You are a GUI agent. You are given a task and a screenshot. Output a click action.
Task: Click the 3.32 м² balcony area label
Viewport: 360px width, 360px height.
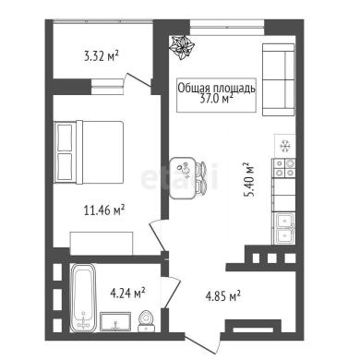[102, 56]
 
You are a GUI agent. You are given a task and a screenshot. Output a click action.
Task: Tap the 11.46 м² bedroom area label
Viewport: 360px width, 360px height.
[104, 210]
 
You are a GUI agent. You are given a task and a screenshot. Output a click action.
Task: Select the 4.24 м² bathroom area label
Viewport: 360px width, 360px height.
[127, 293]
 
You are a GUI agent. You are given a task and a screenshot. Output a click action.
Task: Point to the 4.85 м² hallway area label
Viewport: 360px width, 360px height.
[222, 296]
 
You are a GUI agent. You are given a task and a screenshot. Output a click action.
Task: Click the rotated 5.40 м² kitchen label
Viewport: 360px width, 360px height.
[249, 179]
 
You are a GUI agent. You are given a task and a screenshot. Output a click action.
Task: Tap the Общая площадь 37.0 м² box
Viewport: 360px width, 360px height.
[216, 95]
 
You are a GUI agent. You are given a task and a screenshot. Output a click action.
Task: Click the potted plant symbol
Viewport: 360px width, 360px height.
[183, 47]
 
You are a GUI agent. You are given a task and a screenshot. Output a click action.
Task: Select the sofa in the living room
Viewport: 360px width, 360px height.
[279, 79]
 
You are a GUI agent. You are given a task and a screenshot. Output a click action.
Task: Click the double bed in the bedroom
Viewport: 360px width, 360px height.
[89, 152]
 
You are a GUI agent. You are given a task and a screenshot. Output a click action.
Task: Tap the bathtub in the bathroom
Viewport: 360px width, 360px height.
[83, 298]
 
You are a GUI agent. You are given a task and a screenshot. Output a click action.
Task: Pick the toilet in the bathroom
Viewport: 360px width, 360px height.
[147, 321]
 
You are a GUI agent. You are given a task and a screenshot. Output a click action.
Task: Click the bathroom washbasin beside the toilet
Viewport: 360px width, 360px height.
[115, 321]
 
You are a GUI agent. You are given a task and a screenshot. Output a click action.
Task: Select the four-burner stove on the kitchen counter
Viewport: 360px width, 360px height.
[283, 168]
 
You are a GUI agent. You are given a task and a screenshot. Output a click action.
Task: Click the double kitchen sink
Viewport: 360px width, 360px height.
[282, 228]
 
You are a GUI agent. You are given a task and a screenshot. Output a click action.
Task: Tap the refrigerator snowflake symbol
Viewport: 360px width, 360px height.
[284, 146]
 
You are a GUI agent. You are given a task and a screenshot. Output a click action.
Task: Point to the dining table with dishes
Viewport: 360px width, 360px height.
[183, 178]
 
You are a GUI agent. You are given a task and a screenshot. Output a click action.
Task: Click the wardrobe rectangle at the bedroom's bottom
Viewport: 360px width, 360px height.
[102, 244]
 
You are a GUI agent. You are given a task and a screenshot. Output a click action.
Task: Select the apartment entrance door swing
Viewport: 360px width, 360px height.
[203, 342]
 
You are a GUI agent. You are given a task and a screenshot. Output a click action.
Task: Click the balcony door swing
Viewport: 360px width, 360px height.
[138, 82]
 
